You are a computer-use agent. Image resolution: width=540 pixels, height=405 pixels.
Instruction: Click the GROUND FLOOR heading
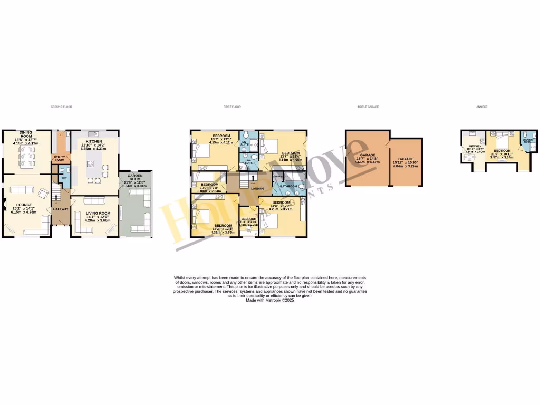[61, 107]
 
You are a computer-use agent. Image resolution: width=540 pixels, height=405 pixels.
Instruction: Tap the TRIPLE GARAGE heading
[368, 107]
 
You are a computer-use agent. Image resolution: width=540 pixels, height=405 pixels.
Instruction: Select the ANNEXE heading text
[481, 107]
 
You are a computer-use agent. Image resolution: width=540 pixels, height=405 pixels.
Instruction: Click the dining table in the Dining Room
[26, 155]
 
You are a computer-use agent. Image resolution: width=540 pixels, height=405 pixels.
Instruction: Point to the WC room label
[64, 178]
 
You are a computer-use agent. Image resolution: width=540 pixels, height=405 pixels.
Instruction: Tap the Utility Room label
[60, 158]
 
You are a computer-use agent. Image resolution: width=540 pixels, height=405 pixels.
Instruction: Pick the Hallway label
[60, 209]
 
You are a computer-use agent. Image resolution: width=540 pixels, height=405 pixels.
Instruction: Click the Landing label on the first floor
[257, 188]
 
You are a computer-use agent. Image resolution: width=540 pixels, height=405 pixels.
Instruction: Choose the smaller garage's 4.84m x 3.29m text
[406, 166]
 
